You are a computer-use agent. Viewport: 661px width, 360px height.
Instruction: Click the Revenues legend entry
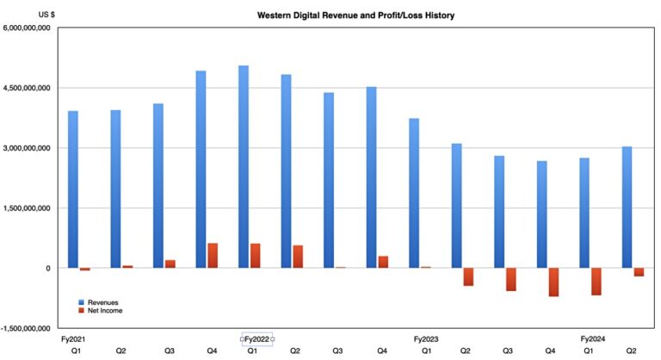tap(102, 302)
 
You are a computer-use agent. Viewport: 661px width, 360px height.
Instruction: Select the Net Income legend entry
tap(104, 311)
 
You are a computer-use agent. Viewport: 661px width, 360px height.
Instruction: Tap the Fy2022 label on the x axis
tap(256, 338)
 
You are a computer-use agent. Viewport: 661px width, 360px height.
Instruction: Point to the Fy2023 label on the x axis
tap(427, 338)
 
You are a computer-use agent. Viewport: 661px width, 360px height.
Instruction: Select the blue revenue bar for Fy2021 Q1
tap(73, 189)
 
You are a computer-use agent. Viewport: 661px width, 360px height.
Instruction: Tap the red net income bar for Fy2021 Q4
tap(212, 256)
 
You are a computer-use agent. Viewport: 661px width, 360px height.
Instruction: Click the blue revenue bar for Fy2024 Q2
tap(627, 207)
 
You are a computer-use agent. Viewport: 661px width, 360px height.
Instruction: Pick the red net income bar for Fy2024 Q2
tap(639, 272)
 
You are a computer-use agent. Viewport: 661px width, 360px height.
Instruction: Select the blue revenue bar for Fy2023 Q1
tap(414, 193)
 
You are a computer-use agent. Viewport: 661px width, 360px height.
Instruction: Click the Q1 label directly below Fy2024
tap(589, 351)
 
